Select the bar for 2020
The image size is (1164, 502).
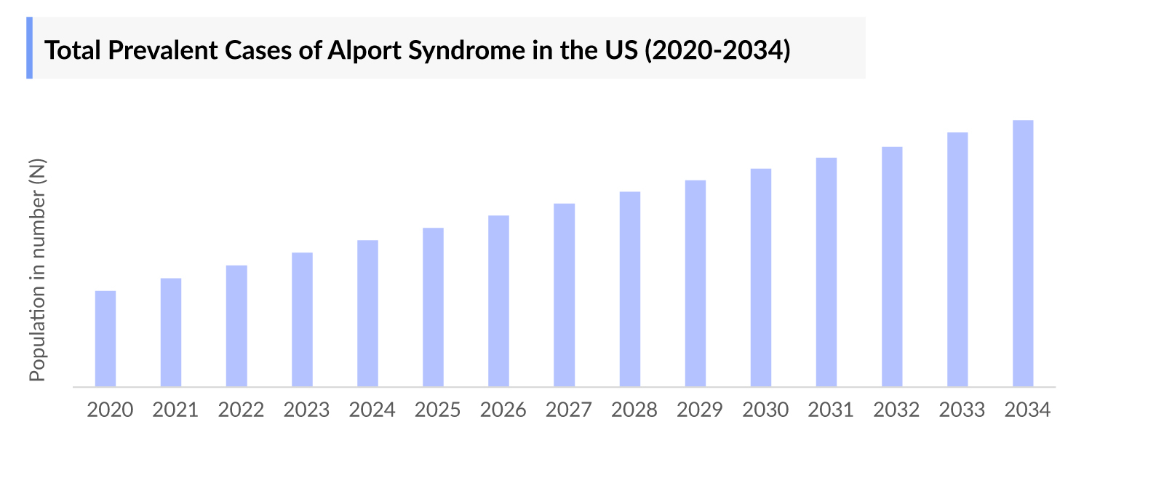(105, 339)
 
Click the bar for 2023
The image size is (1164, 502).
(302, 319)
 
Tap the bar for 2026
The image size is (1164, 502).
(498, 301)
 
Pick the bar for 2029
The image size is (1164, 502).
(695, 283)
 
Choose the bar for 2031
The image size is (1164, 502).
(826, 272)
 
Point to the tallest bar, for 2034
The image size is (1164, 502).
(1023, 253)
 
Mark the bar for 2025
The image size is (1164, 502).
(433, 307)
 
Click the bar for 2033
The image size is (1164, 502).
(957, 259)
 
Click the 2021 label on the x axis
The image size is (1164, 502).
(175, 410)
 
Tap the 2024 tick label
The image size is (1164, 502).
(372, 410)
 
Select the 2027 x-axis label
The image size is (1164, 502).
(569, 410)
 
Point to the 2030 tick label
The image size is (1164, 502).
(765, 410)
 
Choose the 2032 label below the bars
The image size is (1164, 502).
(896, 410)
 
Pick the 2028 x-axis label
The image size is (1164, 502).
(634, 410)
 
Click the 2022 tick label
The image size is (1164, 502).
(241, 410)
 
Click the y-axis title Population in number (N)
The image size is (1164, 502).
(37, 270)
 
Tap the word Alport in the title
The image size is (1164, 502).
(364, 51)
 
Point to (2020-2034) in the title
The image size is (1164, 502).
(717, 51)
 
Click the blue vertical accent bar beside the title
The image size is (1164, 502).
(30, 48)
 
